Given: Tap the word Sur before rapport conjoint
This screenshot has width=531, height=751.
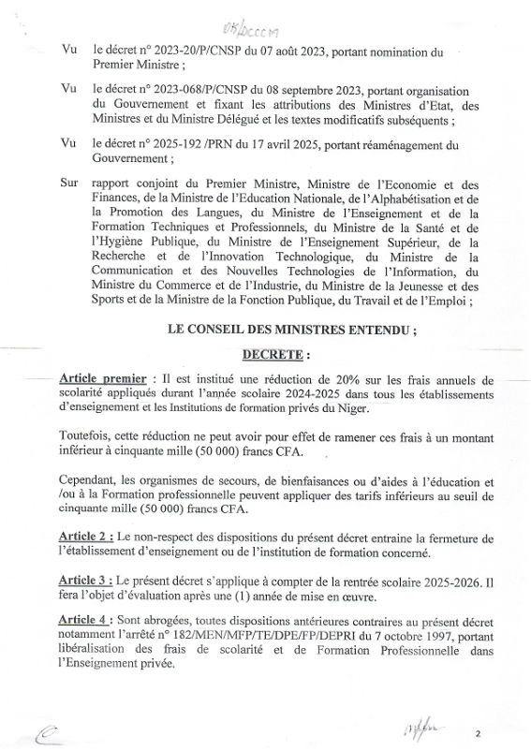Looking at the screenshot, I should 68,184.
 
